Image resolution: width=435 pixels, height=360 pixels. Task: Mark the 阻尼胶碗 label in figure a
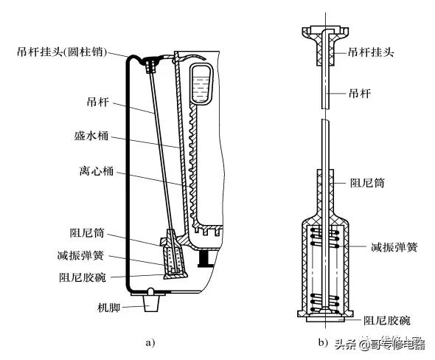pyautogui.click(x=84, y=277)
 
